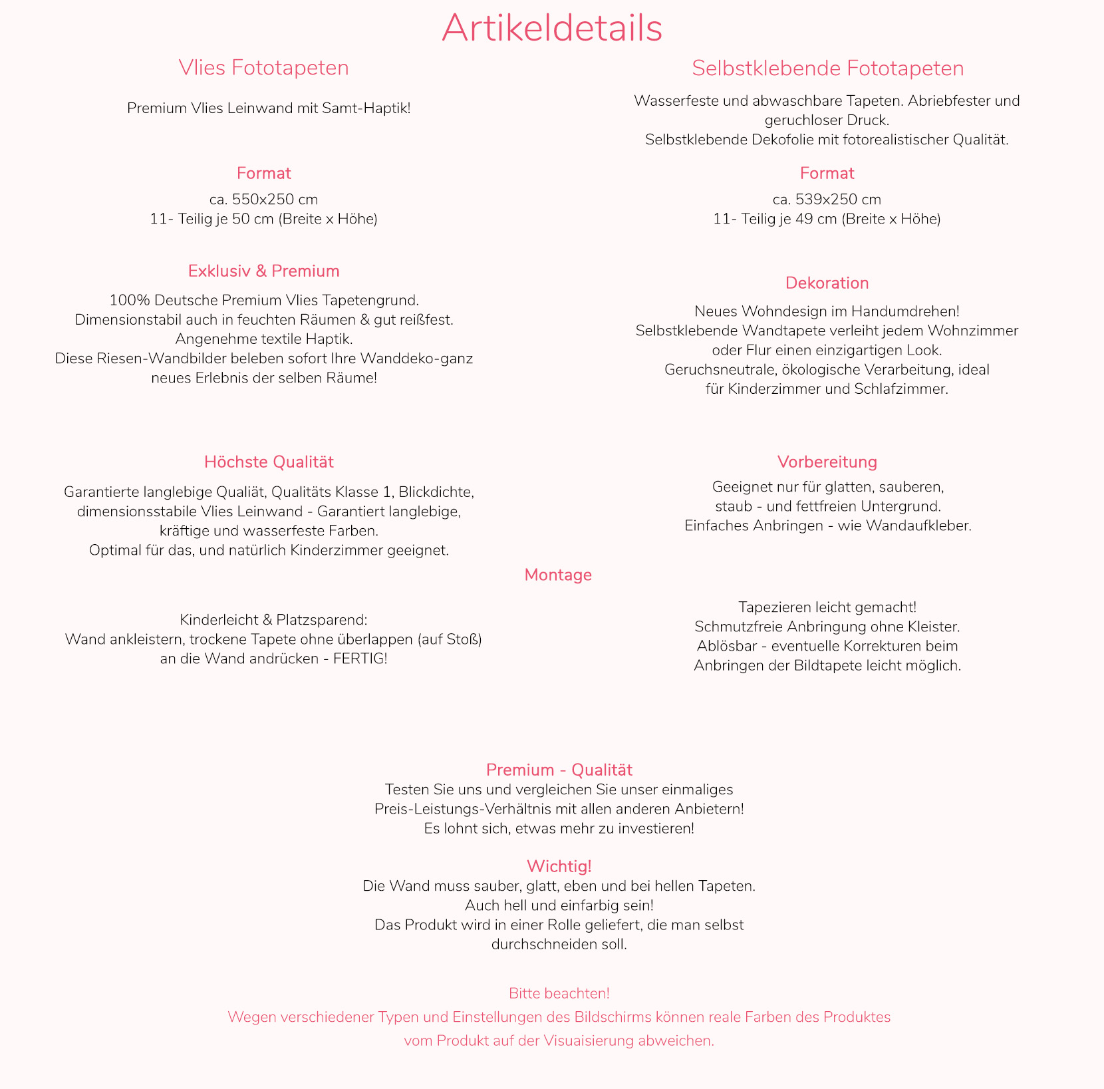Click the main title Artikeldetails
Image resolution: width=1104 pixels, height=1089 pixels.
point(552,29)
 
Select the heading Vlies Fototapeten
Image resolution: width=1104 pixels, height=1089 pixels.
point(263,68)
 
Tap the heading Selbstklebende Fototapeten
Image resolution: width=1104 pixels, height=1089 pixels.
point(827,69)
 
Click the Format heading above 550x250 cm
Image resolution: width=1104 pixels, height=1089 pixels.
point(263,174)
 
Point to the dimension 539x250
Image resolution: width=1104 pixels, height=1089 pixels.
point(817,200)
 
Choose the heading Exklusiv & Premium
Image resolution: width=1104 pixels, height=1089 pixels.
point(263,271)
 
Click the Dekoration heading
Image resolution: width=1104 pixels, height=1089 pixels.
point(827,283)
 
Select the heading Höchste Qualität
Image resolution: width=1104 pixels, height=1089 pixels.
point(269,462)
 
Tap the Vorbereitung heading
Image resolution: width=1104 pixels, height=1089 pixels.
point(827,462)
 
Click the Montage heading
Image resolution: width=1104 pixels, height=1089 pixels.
point(557,575)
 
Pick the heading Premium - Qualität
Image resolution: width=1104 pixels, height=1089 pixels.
point(559,770)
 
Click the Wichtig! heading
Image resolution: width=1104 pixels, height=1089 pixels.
point(559,866)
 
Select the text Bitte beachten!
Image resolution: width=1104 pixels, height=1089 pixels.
point(559,993)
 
